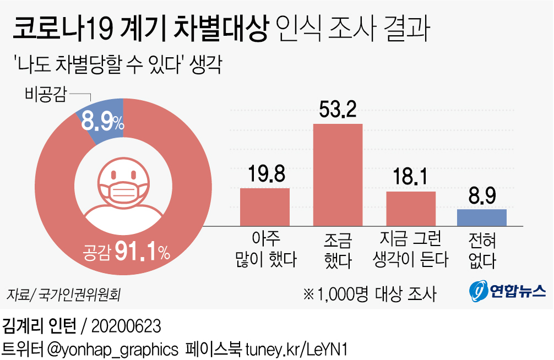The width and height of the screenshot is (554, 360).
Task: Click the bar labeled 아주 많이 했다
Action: tap(264, 206)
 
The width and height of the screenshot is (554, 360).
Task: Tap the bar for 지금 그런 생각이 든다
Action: tap(410, 208)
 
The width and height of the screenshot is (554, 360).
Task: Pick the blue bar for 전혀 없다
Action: tap(482, 217)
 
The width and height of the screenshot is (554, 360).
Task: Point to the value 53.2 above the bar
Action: tap(338, 110)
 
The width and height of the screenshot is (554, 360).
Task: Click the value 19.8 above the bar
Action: tap(265, 174)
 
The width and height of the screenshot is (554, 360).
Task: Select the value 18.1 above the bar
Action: tap(411, 178)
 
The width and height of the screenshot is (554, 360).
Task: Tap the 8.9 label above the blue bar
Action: tap(482, 196)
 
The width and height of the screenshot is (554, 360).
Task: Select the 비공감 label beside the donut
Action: tap(46, 95)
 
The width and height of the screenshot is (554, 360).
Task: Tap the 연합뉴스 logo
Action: tap(507, 290)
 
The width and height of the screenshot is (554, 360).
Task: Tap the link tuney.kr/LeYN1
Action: tap(295, 349)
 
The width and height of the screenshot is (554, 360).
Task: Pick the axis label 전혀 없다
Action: tap(482, 250)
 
